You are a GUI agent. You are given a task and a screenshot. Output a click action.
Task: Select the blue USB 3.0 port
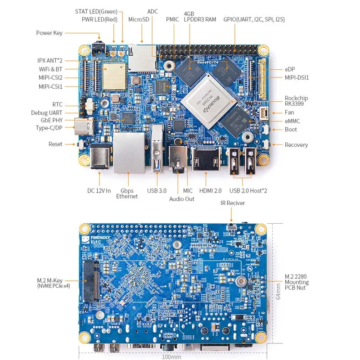click(157, 149)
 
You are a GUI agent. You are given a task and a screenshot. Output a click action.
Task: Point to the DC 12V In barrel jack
click(100, 157)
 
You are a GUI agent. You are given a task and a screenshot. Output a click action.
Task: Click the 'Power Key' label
click(49, 33)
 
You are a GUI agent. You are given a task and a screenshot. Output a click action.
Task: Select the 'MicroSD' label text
click(139, 19)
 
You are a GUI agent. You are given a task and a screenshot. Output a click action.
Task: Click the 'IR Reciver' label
click(233, 203)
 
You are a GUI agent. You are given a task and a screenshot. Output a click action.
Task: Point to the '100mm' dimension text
click(171, 357)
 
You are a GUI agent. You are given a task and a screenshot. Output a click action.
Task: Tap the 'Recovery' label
click(296, 145)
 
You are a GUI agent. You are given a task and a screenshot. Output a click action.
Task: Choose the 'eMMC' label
click(292, 121)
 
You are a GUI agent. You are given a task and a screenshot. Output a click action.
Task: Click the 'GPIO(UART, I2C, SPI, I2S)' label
click(254, 19)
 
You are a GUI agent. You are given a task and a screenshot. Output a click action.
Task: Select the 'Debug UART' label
click(47, 113)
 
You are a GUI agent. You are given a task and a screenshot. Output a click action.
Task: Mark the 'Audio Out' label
click(182, 198)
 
